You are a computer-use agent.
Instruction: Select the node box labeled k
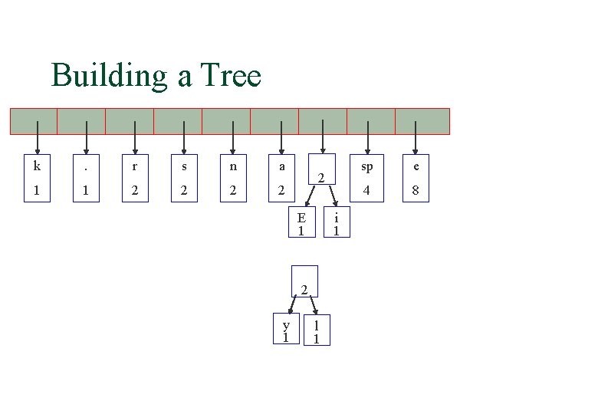(36, 179)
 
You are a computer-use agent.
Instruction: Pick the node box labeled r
(135, 179)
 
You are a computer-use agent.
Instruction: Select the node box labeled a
(282, 179)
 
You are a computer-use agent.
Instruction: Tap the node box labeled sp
(368, 179)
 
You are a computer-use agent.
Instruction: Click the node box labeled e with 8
(416, 179)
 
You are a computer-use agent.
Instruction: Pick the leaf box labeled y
(285, 330)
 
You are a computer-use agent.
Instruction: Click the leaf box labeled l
(317, 330)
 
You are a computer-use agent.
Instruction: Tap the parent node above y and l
(304, 281)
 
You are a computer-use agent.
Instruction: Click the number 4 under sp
(368, 190)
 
